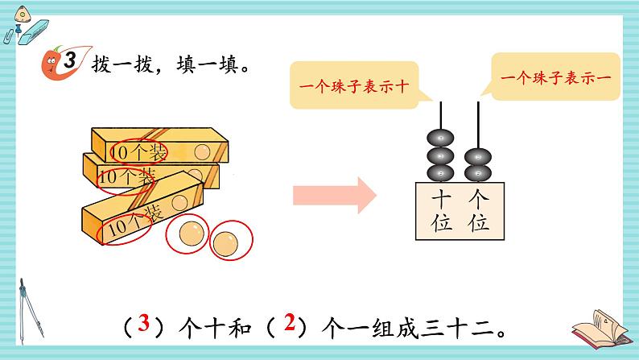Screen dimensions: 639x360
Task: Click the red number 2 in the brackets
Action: coord(291,325)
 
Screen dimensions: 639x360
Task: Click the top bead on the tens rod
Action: coord(441,138)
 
